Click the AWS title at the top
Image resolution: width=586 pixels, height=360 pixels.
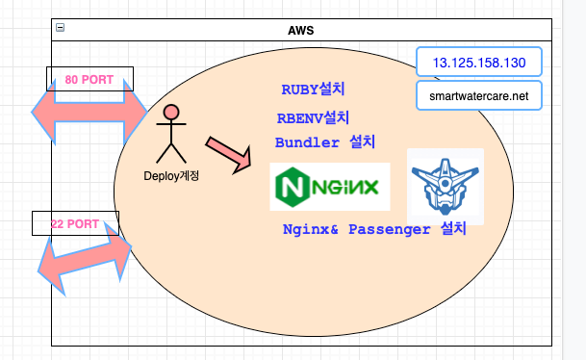pos(300,30)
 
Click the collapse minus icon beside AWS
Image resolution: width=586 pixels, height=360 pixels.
pos(60,29)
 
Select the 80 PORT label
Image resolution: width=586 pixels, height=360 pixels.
pos(89,79)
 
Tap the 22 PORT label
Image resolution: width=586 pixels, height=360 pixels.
pos(74,223)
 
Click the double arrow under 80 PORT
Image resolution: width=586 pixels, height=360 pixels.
pos(89,115)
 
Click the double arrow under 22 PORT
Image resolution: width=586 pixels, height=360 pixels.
pos(84,257)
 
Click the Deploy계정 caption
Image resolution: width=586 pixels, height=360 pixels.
pos(171,175)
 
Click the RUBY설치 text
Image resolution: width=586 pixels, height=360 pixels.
pos(313,90)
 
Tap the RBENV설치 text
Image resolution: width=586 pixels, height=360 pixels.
pos(313,118)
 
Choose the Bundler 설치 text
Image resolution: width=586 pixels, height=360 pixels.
pos(324,142)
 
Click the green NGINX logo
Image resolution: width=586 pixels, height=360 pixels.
pos(330,187)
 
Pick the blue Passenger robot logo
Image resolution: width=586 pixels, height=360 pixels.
pos(445,186)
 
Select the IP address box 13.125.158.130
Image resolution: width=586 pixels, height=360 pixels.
pos(478,63)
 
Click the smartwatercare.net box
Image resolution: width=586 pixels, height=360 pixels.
pos(478,96)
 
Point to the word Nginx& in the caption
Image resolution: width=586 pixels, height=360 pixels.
pos(311,229)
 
